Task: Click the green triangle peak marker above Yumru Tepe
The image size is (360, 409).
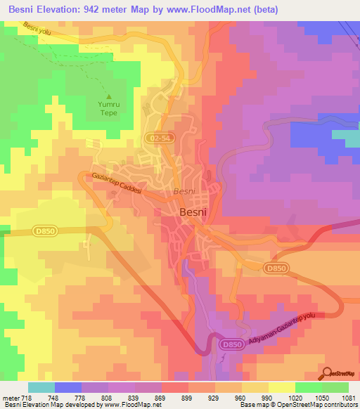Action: pyautogui.click(x=108, y=97)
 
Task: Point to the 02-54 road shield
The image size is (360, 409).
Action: pyautogui.click(x=161, y=139)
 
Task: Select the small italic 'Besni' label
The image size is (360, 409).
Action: pyautogui.click(x=184, y=191)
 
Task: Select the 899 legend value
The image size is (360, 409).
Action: pyautogui.click(x=188, y=398)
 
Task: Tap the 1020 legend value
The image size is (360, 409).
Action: pyautogui.click(x=295, y=398)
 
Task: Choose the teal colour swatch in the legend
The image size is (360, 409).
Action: pyautogui.click(x=41, y=387)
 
